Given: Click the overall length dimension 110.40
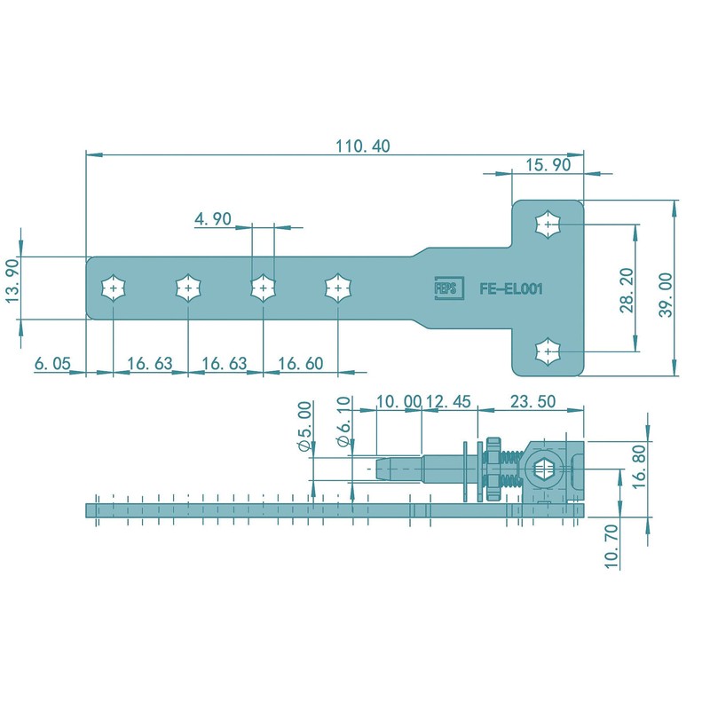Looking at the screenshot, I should pyautogui.click(x=361, y=146).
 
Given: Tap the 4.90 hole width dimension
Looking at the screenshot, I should pyautogui.click(x=212, y=218).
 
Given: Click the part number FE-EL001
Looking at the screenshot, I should pyautogui.click(x=510, y=288).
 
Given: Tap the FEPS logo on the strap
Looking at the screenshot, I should pyautogui.click(x=444, y=288).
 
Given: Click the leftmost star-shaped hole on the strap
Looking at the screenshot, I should pyautogui.click(x=114, y=288).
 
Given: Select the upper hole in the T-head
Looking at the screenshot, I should pyautogui.click(x=548, y=224).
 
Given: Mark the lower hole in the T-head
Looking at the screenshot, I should pyautogui.click(x=548, y=351).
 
